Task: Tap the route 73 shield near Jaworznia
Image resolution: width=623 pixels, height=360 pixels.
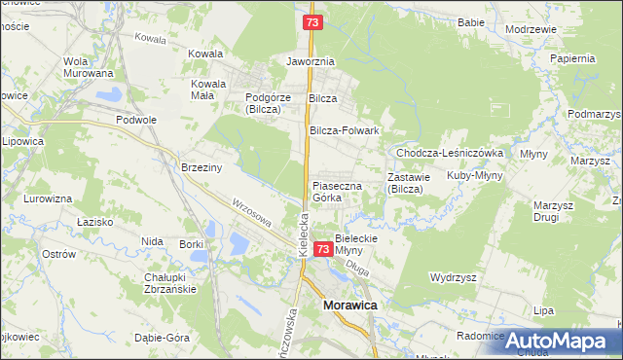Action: [311, 21]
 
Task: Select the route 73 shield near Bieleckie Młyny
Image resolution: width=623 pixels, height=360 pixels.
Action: [324, 251]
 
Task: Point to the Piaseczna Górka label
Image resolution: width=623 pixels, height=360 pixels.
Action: [337, 191]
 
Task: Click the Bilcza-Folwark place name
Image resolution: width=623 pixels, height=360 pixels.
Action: [343, 130]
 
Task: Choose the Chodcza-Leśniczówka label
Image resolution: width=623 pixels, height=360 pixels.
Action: [448, 154]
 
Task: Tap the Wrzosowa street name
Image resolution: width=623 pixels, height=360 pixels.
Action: [251, 213]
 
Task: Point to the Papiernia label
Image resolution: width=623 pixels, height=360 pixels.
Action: [571, 58]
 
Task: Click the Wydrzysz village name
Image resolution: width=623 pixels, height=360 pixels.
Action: [453, 277]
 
